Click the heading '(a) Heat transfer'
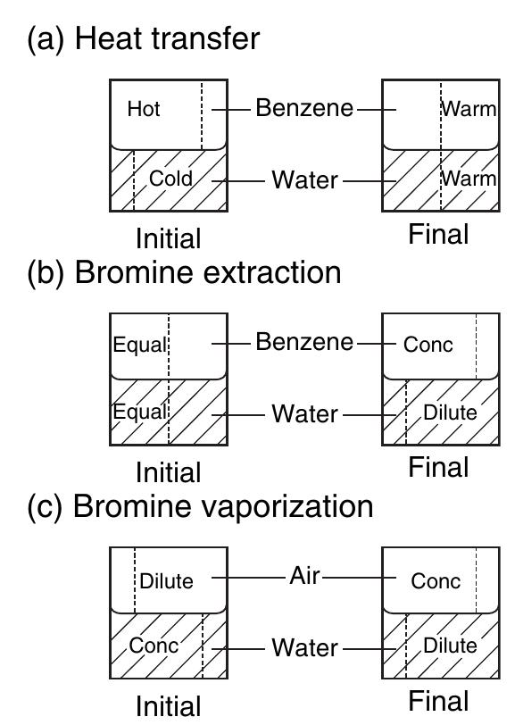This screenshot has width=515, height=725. pos(144,39)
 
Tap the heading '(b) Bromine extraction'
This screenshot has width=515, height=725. pos(184,272)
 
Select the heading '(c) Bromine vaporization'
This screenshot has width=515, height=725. pos(200,506)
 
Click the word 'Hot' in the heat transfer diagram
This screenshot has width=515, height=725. pos(144,109)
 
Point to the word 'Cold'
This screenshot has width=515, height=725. pos(170,179)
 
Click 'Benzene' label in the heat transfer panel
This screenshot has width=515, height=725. pos(304,108)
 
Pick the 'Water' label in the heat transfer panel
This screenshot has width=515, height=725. pos(304,179)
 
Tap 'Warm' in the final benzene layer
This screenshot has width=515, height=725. pos(469,110)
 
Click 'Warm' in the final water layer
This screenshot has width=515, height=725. pos(469,179)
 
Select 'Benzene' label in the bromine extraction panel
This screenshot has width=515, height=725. pos(304,342)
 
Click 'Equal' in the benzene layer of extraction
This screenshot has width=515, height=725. pos(140,346)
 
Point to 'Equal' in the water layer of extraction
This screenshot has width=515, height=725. pos(140,412)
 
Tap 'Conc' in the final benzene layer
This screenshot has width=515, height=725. pos(428,345)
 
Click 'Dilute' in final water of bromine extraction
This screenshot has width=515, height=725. pos(450,412)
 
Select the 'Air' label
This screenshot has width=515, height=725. pos(304,576)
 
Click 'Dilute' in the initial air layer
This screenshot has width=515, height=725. pos(166,581)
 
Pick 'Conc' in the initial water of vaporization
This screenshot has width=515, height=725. pos(154,646)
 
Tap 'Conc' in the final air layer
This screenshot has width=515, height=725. pos(436,581)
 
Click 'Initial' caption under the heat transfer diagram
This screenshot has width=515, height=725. pos(169,238)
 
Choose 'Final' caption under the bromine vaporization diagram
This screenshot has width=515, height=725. pos(438,701)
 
